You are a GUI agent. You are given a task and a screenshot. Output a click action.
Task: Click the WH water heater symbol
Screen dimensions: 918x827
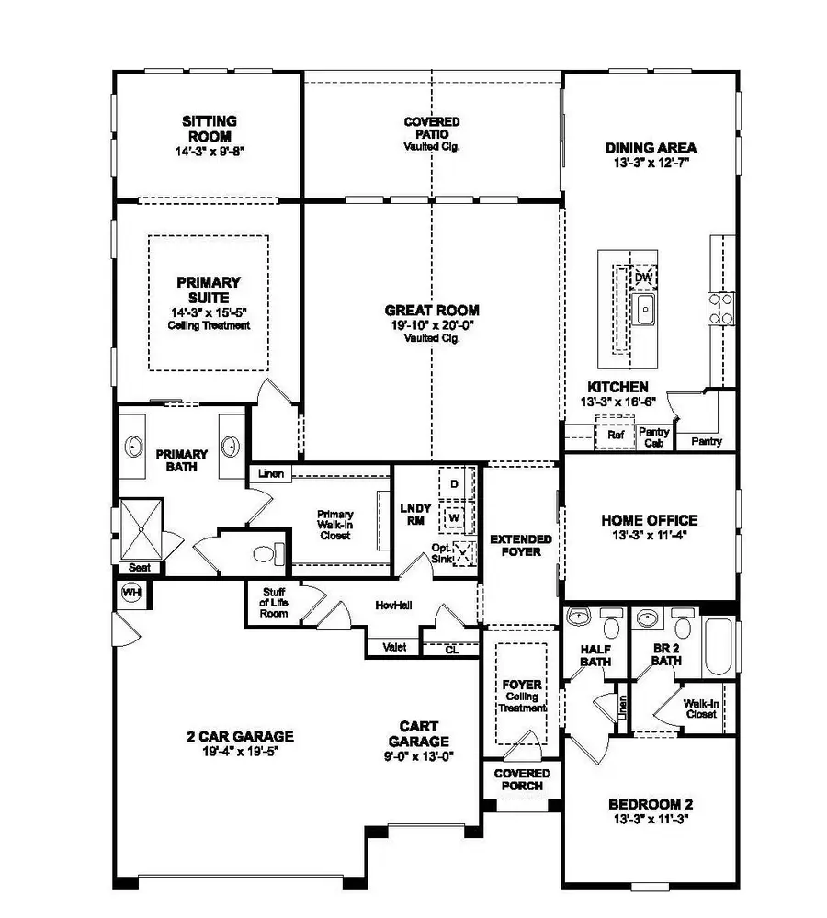point(130,593)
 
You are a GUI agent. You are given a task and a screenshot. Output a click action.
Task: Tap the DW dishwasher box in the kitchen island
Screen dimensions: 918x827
point(644,277)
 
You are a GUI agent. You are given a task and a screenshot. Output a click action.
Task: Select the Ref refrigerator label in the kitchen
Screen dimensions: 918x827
point(616,435)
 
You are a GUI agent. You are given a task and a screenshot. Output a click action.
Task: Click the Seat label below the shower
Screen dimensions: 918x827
point(139,568)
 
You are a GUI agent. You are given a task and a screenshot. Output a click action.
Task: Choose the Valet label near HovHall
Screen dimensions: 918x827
point(393,648)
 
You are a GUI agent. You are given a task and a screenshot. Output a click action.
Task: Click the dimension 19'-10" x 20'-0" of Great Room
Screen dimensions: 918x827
point(432,325)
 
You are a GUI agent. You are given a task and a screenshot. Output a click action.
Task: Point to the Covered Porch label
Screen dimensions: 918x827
point(522,779)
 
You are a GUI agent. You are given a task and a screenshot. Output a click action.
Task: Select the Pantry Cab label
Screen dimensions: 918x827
point(653,436)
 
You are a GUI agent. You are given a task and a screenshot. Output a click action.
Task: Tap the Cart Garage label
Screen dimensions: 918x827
point(418,734)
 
